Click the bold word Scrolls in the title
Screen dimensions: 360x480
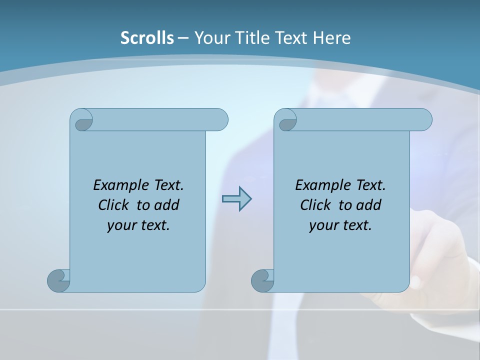[147, 38]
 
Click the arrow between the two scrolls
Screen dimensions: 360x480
[236, 199]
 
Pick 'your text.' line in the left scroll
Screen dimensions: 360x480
[138, 225]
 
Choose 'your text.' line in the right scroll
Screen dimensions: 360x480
[340, 225]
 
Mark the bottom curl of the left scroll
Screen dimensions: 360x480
[59, 280]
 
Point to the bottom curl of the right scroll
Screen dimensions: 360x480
[262, 280]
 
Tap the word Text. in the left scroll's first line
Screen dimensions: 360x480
[168, 185]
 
